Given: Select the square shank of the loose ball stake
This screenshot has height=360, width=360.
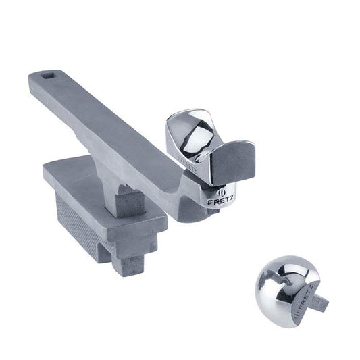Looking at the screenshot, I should pyautogui.click(x=317, y=302).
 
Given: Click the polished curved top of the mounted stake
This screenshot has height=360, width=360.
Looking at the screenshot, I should pyautogui.click(x=196, y=128).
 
